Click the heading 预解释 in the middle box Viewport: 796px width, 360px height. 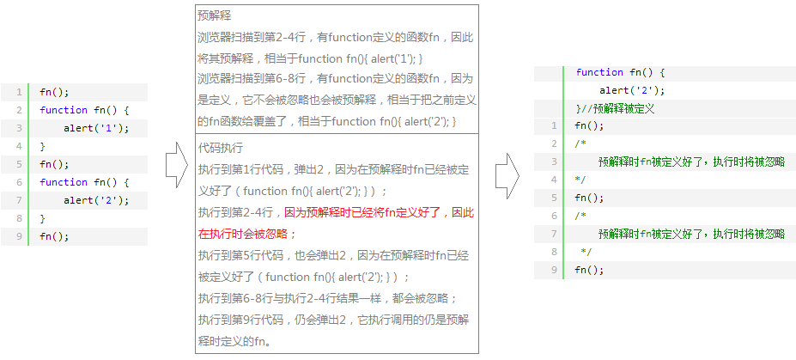(x=214, y=15)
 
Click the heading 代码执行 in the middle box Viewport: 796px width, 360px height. (x=220, y=147)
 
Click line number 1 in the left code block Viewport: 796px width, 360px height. (x=17, y=92)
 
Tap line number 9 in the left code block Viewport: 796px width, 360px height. (x=17, y=236)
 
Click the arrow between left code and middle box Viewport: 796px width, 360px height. (x=176, y=164)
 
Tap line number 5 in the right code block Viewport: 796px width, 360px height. (x=555, y=198)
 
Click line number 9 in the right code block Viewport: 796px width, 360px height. (x=555, y=270)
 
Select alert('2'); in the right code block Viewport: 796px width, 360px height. (x=632, y=90)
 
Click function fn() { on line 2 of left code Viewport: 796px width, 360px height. (x=83, y=110)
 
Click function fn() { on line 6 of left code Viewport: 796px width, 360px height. (x=83, y=182)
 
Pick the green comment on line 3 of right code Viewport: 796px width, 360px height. (x=690, y=162)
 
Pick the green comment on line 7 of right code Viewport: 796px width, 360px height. (x=690, y=234)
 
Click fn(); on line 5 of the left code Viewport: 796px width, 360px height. (x=54, y=164)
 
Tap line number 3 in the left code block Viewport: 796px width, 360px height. (x=17, y=128)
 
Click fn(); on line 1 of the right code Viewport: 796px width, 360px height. (x=589, y=125)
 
